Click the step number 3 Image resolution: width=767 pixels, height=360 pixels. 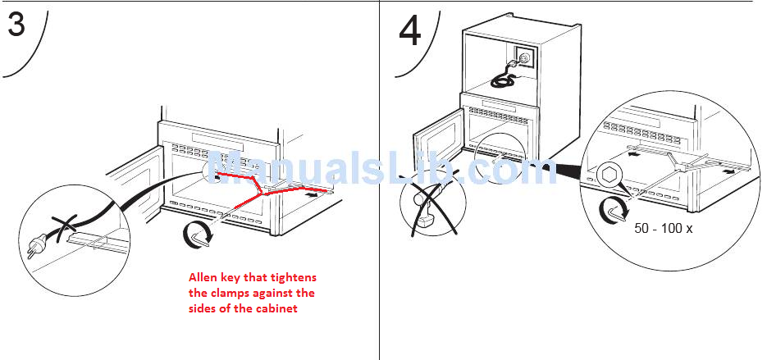coord(16,25)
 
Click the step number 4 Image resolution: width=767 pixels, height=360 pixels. coord(410,31)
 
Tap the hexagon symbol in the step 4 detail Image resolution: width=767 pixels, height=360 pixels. coord(608,175)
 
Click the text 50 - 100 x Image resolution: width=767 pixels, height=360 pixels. coord(664,228)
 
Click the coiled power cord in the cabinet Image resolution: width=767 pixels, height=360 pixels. coord(502,81)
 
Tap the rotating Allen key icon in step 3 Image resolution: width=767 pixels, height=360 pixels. coord(199,234)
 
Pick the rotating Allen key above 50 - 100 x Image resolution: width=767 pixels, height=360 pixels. coord(614,209)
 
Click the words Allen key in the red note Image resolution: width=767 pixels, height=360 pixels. coord(211,277)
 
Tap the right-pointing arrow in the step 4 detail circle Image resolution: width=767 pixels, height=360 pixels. coord(728,171)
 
